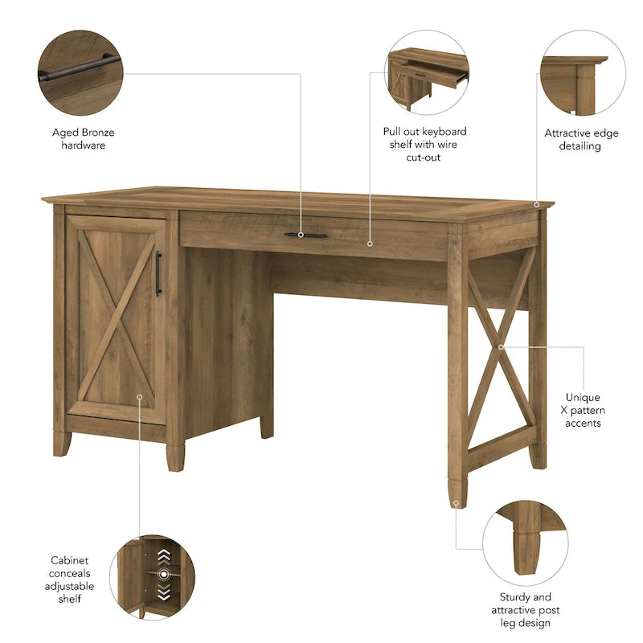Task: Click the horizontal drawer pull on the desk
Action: [x=305, y=235]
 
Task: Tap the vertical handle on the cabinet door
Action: [x=158, y=273]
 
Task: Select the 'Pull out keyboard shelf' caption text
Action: [x=424, y=144]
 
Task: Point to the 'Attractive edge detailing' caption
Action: [x=581, y=140]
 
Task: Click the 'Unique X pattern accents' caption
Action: [x=583, y=410]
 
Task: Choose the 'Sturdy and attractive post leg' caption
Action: [x=525, y=609]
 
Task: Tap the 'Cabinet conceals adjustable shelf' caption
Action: [x=70, y=579]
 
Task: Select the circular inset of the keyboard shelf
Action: [x=428, y=73]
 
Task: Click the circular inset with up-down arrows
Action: [x=152, y=578]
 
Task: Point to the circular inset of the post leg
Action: [x=525, y=543]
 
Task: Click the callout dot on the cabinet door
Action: [x=139, y=396]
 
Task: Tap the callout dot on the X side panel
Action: [x=500, y=347]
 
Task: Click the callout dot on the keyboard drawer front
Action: [x=371, y=243]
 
